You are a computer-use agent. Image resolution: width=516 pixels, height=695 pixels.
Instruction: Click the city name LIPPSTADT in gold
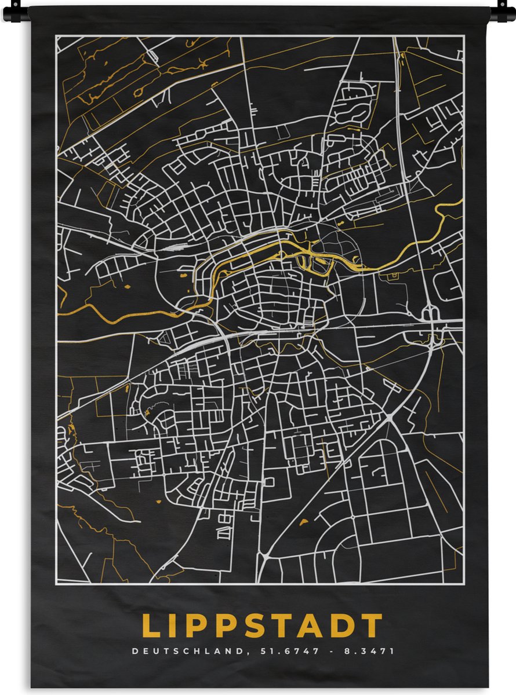pos(262,626)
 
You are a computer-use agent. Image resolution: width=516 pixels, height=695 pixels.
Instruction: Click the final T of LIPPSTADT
pos(373,626)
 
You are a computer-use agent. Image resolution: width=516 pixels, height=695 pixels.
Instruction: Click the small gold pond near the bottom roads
pos(303,522)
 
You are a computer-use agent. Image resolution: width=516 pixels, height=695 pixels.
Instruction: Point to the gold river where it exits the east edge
pos(460,201)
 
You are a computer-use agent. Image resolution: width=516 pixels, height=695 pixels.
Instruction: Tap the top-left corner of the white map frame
pos(57,36)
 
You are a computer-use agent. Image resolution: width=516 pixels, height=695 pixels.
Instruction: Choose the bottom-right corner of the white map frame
pos(463,582)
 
